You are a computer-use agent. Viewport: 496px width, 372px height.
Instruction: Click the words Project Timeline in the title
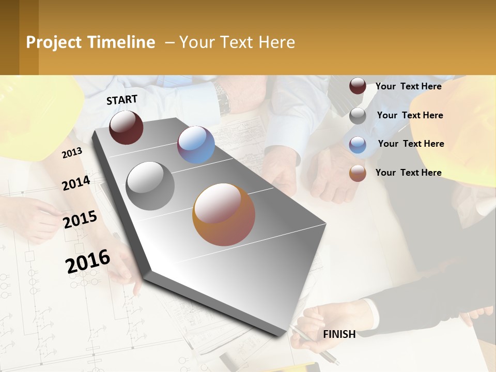click(x=90, y=42)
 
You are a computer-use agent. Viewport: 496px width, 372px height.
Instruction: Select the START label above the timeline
click(x=122, y=100)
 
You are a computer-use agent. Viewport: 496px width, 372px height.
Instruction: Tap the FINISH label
click(x=339, y=334)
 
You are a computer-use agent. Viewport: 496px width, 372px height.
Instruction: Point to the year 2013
click(x=72, y=152)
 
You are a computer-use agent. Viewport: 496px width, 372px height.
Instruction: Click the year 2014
click(x=76, y=183)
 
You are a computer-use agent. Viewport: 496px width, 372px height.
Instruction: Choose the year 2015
click(x=80, y=219)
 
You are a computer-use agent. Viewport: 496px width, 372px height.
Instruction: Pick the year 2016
click(x=87, y=261)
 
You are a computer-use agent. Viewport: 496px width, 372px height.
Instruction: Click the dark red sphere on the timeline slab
click(x=126, y=127)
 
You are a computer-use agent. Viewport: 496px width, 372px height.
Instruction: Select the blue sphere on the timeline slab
click(x=196, y=145)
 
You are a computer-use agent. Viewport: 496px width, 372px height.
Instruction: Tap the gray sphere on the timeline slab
click(x=150, y=186)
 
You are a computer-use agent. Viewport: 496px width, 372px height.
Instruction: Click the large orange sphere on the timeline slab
click(x=224, y=214)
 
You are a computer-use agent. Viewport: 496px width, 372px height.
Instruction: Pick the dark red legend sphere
click(x=358, y=86)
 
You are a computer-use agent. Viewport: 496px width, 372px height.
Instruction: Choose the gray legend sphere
click(x=358, y=116)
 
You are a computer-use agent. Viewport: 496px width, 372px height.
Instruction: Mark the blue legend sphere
click(x=358, y=145)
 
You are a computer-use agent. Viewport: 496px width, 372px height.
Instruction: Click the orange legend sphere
click(x=358, y=173)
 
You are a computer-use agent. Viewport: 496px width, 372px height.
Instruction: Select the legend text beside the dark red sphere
click(x=408, y=86)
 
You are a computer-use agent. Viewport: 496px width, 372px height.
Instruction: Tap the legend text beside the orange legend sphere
click(x=408, y=173)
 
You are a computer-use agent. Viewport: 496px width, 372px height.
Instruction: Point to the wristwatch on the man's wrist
click(x=223, y=99)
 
